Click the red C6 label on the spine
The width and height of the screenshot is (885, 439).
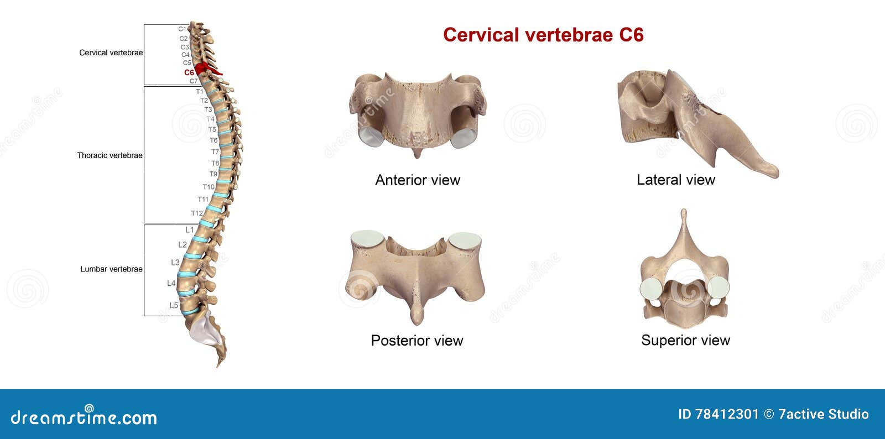(189, 72)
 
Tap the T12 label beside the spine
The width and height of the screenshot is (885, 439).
(197, 213)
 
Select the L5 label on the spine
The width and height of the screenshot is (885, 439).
(174, 305)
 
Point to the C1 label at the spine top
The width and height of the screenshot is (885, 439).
(183, 29)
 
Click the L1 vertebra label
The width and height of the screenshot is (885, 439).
(190, 230)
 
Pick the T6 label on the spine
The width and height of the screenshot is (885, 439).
(214, 140)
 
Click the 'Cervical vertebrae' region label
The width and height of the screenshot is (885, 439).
(111, 53)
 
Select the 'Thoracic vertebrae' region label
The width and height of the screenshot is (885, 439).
(110, 155)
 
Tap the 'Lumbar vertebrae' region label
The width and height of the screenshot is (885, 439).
(111, 269)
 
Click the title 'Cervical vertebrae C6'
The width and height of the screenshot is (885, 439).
(543, 35)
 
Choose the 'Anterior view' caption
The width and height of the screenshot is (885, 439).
(418, 180)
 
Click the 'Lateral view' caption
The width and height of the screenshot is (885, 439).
(675, 180)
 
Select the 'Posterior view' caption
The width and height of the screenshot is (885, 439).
(417, 341)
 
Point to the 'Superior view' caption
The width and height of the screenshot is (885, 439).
(685, 340)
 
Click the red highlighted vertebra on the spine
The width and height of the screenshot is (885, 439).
(207, 69)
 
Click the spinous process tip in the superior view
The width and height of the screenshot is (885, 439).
(684, 213)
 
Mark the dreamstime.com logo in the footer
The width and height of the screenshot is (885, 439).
(84, 417)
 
